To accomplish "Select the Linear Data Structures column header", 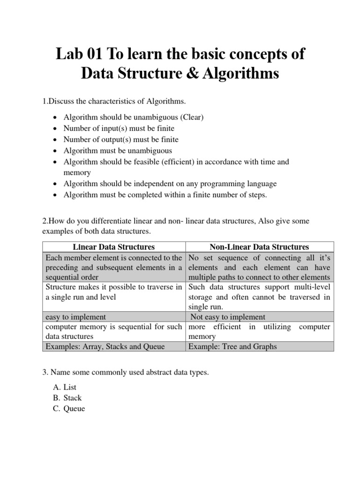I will [x=114, y=247].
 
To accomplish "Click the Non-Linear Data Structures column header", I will [x=260, y=247].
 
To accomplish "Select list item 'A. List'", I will [x=65, y=387].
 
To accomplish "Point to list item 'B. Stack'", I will [x=67, y=397].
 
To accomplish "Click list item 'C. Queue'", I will [x=68, y=408].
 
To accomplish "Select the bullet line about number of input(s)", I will [x=119, y=128].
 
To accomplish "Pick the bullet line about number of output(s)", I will [x=121, y=140].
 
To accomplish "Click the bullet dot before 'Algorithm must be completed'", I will [x=56, y=195].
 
